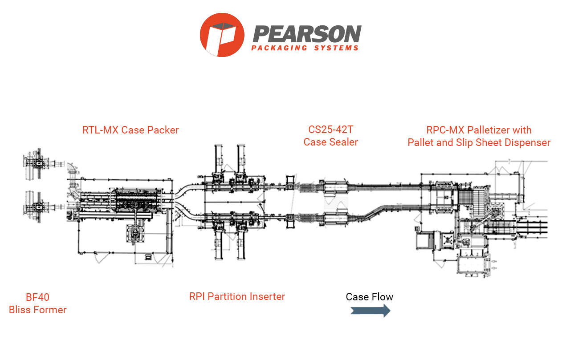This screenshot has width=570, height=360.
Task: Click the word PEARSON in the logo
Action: (307, 34)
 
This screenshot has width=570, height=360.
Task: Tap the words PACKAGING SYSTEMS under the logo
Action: (305, 48)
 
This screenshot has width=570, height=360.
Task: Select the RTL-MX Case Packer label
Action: (130, 130)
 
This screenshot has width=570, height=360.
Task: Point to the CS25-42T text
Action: (330, 130)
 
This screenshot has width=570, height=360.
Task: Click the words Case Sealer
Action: (330, 142)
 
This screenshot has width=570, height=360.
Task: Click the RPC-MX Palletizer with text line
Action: (479, 130)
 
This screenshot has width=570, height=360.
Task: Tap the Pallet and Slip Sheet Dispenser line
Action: (479, 142)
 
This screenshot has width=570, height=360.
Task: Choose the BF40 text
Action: (37, 298)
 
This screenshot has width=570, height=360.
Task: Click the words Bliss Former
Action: (37, 310)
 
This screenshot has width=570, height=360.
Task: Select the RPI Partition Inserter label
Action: (237, 296)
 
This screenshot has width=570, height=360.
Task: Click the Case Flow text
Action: (369, 297)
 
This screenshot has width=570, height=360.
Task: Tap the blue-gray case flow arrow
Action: (370, 311)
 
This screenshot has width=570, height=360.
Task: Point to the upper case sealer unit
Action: (334, 186)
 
